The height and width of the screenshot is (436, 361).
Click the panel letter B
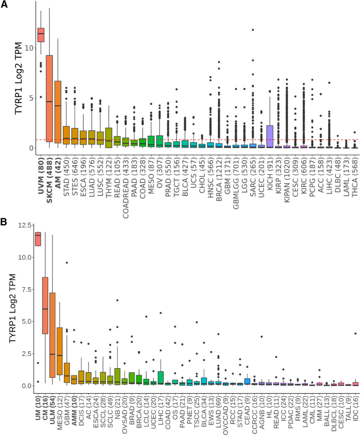pyautogui.click(x=4, y=222)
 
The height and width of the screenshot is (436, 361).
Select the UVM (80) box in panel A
pyautogui.click(x=41, y=35)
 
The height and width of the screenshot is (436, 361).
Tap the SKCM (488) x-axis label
pyautogui.click(x=49, y=180)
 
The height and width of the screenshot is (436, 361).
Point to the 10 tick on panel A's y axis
pyautogui.click(x=29, y=48)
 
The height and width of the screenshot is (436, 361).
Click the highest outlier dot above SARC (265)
pyautogui.click(x=253, y=30)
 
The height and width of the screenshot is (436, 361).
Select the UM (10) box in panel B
pyautogui.click(x=38, y=239)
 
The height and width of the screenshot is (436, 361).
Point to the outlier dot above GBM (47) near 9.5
pyautogui.click(x=67, y=262)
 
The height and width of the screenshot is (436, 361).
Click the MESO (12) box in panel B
pyautogui.click(x=60, y=351)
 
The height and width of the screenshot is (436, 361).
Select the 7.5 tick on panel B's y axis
pyautogui.click(x=26, y=290)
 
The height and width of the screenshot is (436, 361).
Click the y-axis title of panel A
pyautogui.click(x=19, y=78)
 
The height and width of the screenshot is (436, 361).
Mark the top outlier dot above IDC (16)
pyautogui.click(x=355, y=333)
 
